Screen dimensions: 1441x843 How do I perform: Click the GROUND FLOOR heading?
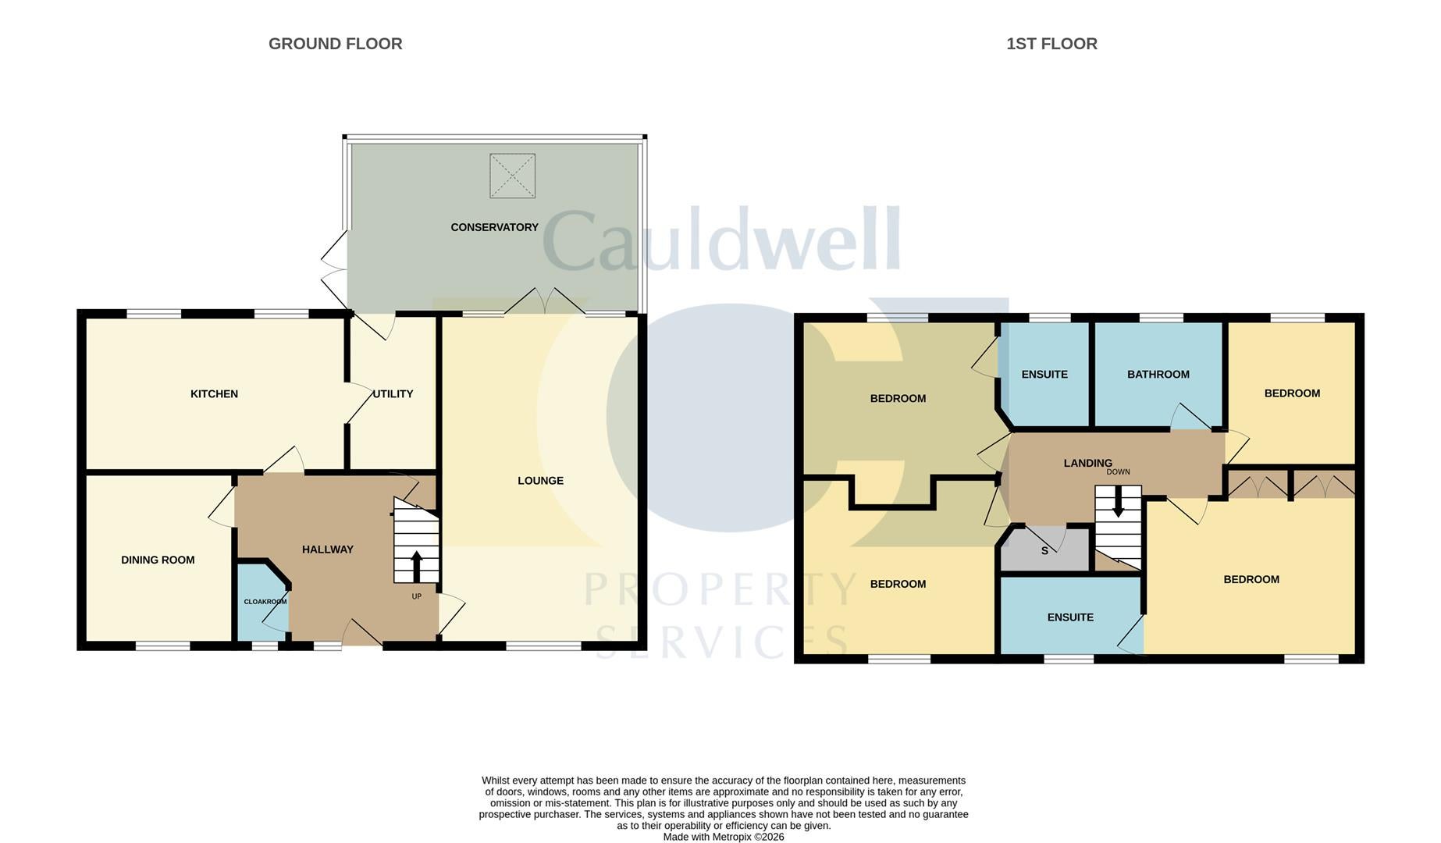click(x=336, y=44)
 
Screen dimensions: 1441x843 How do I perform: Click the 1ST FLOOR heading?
click(x=1051, y=44)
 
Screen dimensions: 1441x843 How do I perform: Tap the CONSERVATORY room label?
click(x=494, y=227)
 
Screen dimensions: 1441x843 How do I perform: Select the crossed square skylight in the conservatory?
click(x=512, y=176)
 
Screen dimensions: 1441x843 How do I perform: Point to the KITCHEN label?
click(x=214, y=394)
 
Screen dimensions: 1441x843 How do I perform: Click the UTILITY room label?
click(x=393, y=394)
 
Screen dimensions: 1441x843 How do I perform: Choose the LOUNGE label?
click(x=540, y=481)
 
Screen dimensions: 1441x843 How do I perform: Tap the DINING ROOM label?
click(x=158, y=560)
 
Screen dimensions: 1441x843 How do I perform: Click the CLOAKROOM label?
click(x=265, y=602)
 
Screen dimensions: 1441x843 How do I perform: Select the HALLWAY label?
click(x=328, y=550)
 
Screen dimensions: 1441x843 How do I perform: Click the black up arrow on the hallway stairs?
click(x=416, y=566)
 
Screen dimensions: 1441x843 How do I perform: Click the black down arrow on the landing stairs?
click(x=1118, y=502)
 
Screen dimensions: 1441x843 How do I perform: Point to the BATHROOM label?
click(x=1158, y=375)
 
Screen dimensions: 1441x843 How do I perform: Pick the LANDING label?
click(x=1087, y=464)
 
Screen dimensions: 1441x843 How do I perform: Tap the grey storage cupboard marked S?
click(x=1044, y=550)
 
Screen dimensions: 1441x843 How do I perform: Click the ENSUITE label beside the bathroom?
click(x=1044, y=375)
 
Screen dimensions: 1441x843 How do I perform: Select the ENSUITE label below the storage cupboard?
click(x=1070, y=617)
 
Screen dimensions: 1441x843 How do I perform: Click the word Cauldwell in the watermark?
click(x=722, y=239)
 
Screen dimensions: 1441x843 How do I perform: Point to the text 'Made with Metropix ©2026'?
click(x=724, y=837)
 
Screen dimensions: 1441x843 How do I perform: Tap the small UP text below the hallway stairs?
click(x=416, y=596)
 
